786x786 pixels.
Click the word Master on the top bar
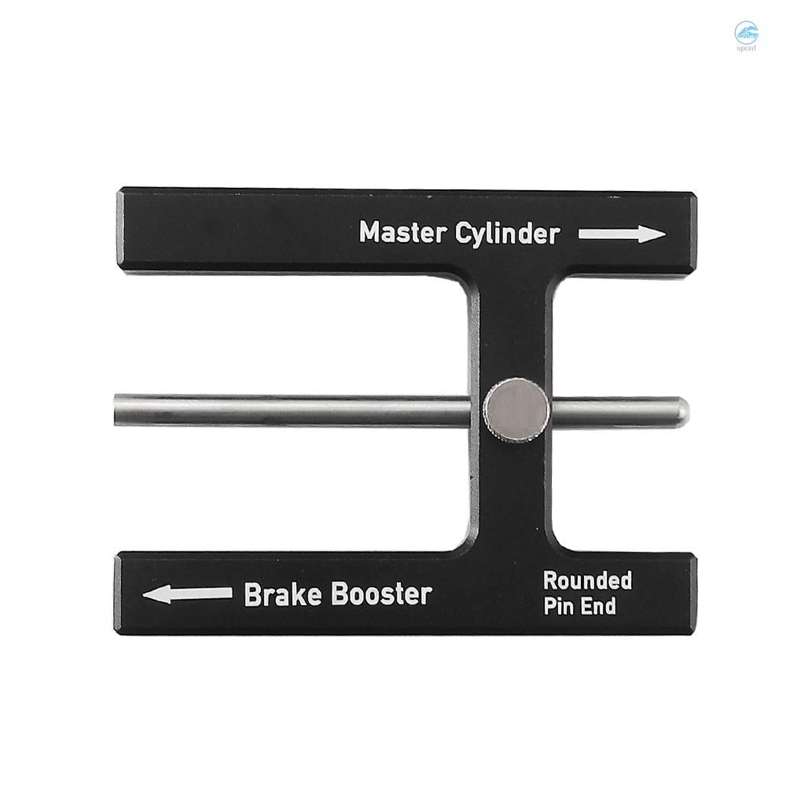[x=402, y=233]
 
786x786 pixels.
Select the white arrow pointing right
[x=622, y=233]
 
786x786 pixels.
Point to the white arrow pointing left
[x=187, y=593]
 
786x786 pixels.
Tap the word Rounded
[x=588, y=581]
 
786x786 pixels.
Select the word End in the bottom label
[x=599, y=607]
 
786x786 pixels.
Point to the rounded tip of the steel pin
[x=681, y=410]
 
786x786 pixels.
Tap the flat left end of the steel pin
[x=117, y=409]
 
